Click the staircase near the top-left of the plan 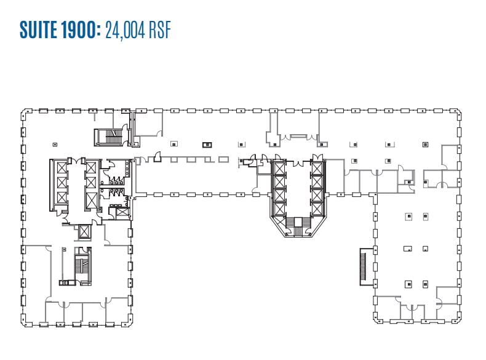(x=106, y=137)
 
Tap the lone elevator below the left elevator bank (x=82, y=232)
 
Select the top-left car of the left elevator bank (x=62, y=167)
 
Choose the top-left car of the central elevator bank (x=279, y=167)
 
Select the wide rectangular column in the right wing (x=407, y=249)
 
